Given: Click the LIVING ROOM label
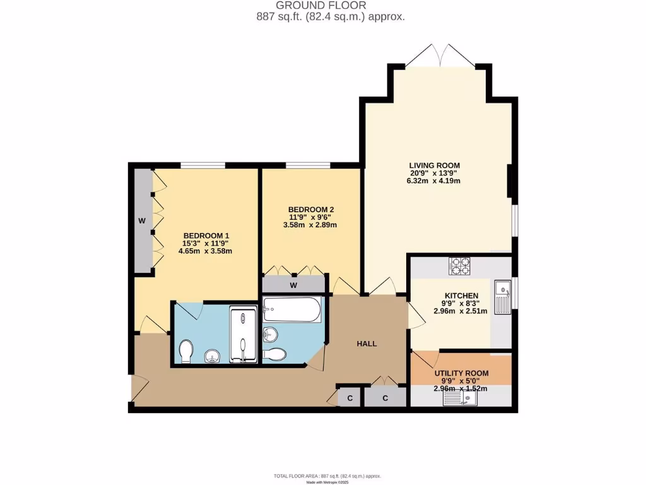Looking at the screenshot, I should [435, 165].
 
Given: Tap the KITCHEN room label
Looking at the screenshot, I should [461, 296].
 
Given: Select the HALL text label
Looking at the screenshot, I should [367, 344].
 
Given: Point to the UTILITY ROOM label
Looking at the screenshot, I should [461, 373].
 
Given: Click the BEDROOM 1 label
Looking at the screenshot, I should [206, 236].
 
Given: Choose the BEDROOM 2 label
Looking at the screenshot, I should [310, 210].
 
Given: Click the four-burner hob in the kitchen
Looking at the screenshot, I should [459, 266].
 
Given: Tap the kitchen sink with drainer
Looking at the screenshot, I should [503, 297].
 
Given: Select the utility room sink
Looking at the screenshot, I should [467, 397].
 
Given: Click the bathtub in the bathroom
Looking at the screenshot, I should [292, 309].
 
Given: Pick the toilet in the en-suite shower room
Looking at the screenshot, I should [187, 352].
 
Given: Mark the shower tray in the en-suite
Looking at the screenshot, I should [244, 335].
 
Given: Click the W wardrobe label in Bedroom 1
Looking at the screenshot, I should [142, 221].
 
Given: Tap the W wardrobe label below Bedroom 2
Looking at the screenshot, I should [293, 285].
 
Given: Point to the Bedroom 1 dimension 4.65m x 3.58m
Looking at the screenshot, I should [206, 251].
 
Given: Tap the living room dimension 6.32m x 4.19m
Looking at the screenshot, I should [435, 181].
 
